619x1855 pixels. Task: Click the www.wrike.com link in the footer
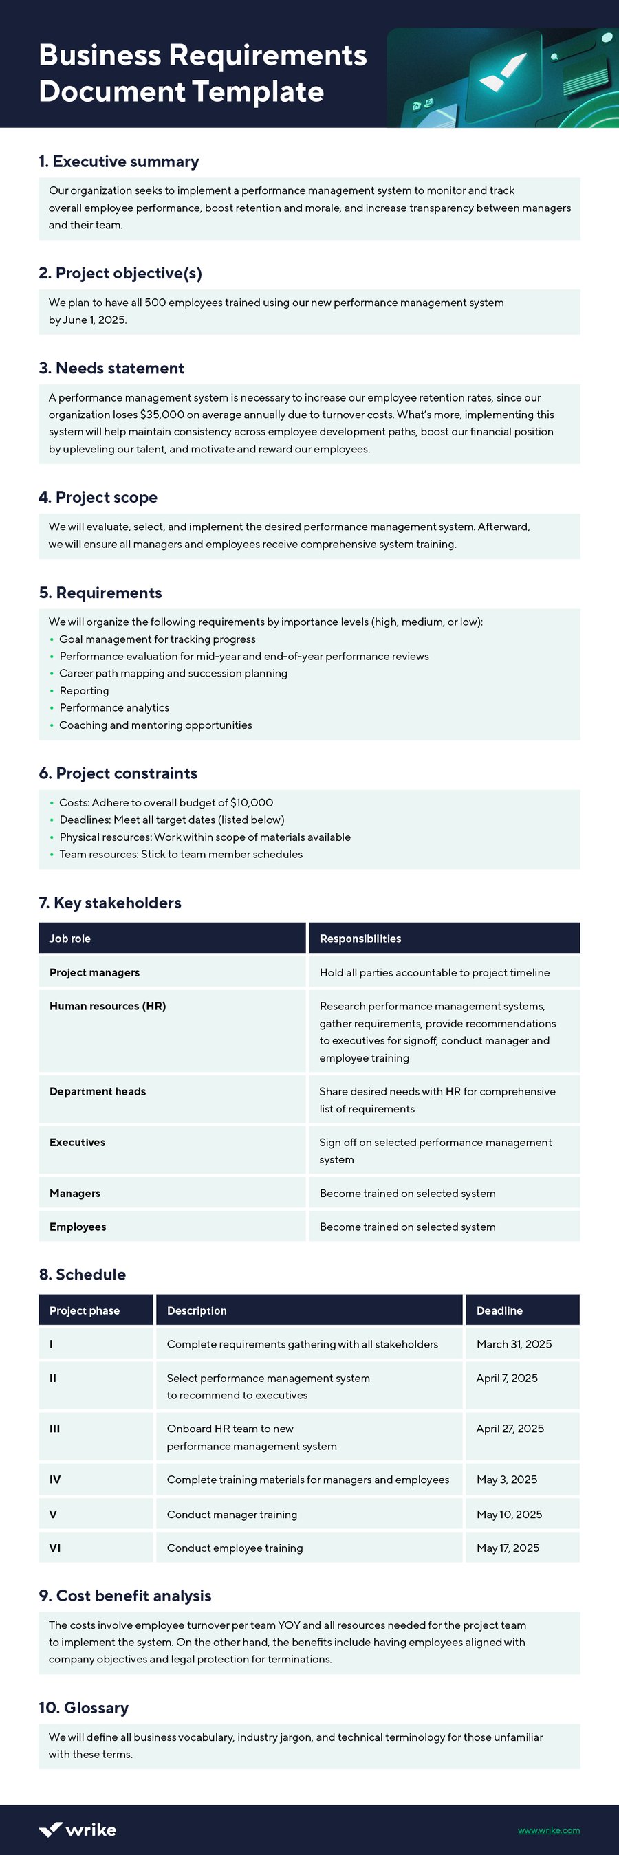548,1830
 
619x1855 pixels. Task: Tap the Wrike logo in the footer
77,1829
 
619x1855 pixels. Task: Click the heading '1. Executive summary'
119,162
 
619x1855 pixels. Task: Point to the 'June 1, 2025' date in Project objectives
94,320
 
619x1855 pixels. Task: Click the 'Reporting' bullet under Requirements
85,690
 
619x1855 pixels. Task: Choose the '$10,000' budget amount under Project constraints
252,802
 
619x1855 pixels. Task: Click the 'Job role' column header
70,939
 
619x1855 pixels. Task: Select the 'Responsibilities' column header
360,939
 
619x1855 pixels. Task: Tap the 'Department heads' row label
97,1091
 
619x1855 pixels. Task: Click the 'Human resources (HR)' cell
107,1006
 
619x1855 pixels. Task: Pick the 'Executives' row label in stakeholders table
77,1142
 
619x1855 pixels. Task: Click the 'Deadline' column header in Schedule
499,1310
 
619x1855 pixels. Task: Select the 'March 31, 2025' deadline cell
514,1343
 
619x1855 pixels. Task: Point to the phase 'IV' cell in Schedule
55,1479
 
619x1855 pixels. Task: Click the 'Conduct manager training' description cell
232,1515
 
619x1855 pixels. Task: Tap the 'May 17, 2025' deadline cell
508,1548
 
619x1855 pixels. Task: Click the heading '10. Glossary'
84,1707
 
